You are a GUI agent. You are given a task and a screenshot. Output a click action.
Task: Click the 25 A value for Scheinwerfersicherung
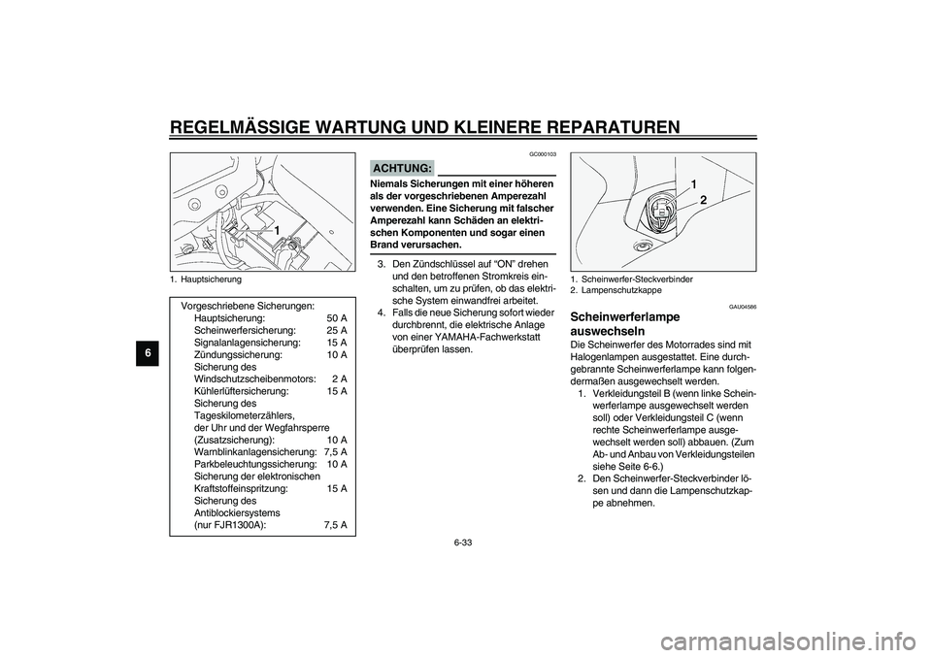[x=336, y=331]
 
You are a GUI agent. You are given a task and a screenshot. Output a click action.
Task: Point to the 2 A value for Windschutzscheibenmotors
[x=339, y=378]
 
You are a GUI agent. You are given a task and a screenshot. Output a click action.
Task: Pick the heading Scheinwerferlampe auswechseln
[x=626, y=323]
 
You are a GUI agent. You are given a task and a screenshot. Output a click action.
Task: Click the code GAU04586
[x=743, y=306]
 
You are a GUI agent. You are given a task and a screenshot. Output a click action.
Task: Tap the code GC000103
[x=543, y=154]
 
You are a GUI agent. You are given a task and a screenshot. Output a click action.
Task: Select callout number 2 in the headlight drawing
[x=704, y=198]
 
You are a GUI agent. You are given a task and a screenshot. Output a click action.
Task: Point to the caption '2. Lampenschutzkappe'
[x=616, y=289]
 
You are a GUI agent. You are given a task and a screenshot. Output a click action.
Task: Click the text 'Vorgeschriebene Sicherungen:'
[x=247, y=306]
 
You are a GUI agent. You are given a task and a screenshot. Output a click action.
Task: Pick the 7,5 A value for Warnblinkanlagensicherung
[x=335, y=451]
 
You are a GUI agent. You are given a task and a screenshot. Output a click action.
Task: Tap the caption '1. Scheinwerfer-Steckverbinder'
[x=631, y=279]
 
